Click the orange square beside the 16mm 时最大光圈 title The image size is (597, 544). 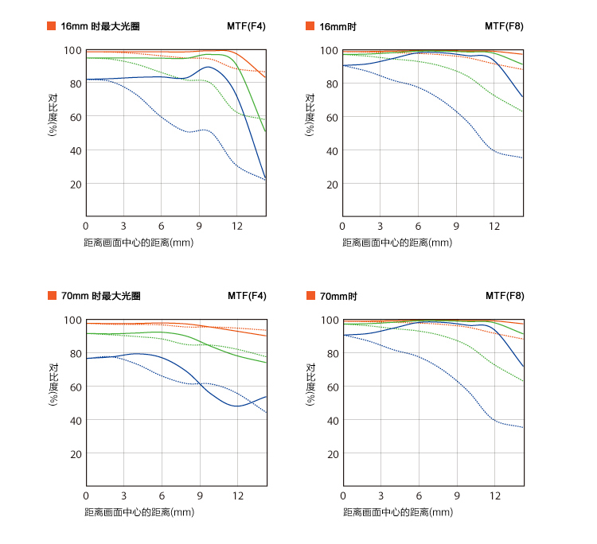53,26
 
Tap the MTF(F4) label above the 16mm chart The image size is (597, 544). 247,26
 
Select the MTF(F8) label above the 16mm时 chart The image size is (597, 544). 505,26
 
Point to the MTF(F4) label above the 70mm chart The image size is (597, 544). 247,296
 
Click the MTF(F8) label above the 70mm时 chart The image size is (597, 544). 505,296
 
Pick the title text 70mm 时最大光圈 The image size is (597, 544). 100,296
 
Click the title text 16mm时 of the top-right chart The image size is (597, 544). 338,26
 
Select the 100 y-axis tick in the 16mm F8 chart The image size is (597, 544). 327,50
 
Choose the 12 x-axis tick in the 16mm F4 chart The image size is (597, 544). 237,227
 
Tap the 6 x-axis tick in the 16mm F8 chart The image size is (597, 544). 419,227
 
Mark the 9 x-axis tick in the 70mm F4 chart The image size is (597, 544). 200,496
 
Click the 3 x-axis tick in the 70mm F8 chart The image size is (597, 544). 380,496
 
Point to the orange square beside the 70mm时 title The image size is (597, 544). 310,296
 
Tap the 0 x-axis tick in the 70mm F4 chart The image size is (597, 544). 85,496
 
